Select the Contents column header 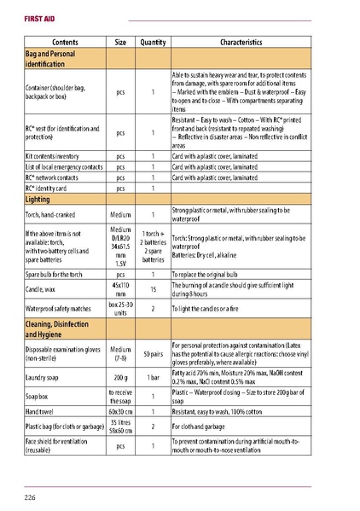[66, 42]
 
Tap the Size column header [120, 42]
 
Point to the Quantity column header [153, 42]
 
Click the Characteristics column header [245, 42]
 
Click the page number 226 [29, 496]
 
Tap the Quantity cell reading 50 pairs [153, 352]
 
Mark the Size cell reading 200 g [120, 376]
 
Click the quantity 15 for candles [153, 291]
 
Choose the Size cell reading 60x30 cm [120, 411]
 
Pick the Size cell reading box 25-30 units [120, 309]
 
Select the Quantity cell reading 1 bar [153, 376]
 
